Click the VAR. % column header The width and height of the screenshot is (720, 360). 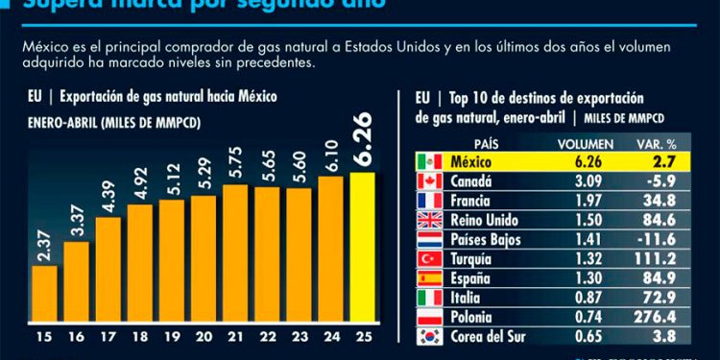(x=655, y=141)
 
